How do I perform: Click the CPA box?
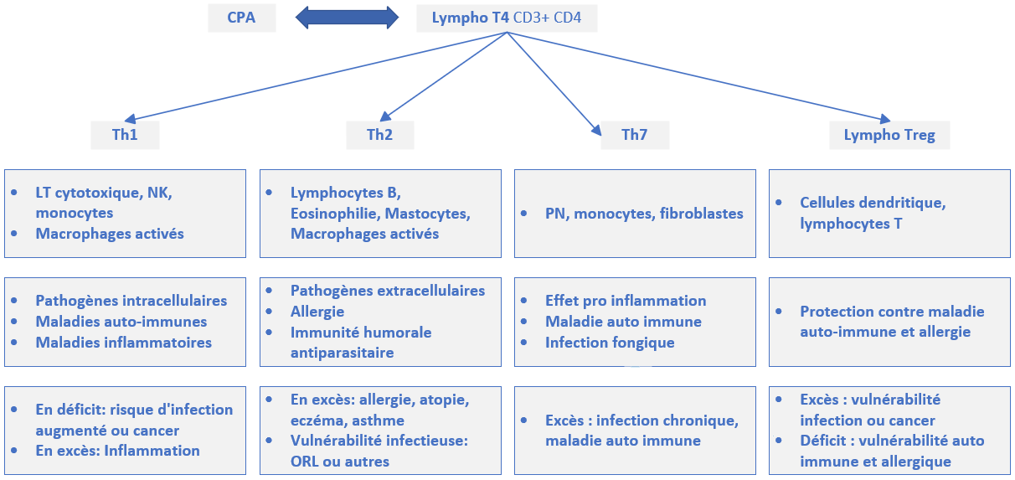pos(241,17)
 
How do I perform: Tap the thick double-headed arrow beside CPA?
pos(347,17)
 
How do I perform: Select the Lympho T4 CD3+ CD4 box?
pos(507,17)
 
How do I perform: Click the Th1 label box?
pos(125,135)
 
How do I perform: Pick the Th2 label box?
pos(379,135)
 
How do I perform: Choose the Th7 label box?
pos(634,135)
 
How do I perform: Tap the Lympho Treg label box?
pos(889,135)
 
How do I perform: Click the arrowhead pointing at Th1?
pos(132,121)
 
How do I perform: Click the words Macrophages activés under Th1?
pos(110,234)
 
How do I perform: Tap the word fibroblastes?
pos(702,214)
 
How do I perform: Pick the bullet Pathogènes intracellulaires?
pos(131,301)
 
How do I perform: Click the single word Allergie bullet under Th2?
pos(317,312)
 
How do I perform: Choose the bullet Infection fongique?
pos(610,343)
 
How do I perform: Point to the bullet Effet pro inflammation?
pos(626,301)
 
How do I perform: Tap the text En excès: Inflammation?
pos(117,451)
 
